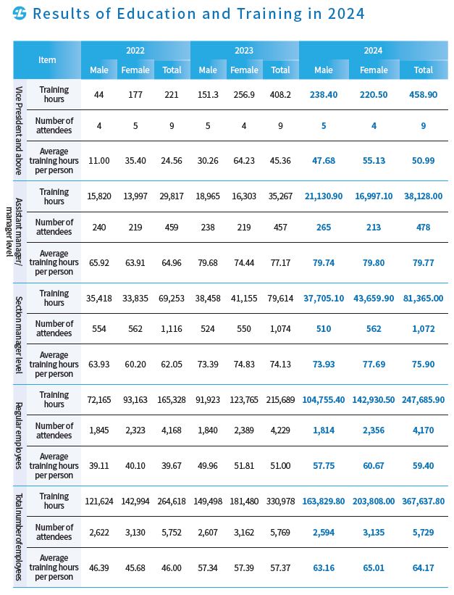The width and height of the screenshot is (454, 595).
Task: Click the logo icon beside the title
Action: point(20,14)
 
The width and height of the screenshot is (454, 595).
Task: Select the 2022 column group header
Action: point(135,51)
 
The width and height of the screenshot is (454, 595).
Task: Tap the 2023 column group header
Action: point(244,51)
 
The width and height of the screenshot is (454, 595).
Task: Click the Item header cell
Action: point(47,60)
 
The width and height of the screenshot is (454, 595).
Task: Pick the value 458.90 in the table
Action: point(423,94)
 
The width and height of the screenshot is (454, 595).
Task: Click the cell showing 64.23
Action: point(244,160)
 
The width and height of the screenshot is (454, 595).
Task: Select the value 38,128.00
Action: point(423,196)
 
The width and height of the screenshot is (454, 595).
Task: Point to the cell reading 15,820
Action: point(99,196)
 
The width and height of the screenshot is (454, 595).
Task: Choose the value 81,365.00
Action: point(423,298)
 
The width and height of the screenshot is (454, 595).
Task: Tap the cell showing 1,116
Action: point(172,328)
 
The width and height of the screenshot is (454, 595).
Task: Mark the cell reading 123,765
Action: point(244,399)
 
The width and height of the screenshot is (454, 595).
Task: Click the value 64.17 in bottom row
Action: point(423,567)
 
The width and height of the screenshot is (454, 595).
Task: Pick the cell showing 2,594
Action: point(324,532)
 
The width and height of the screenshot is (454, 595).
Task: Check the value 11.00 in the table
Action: point(99,160)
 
